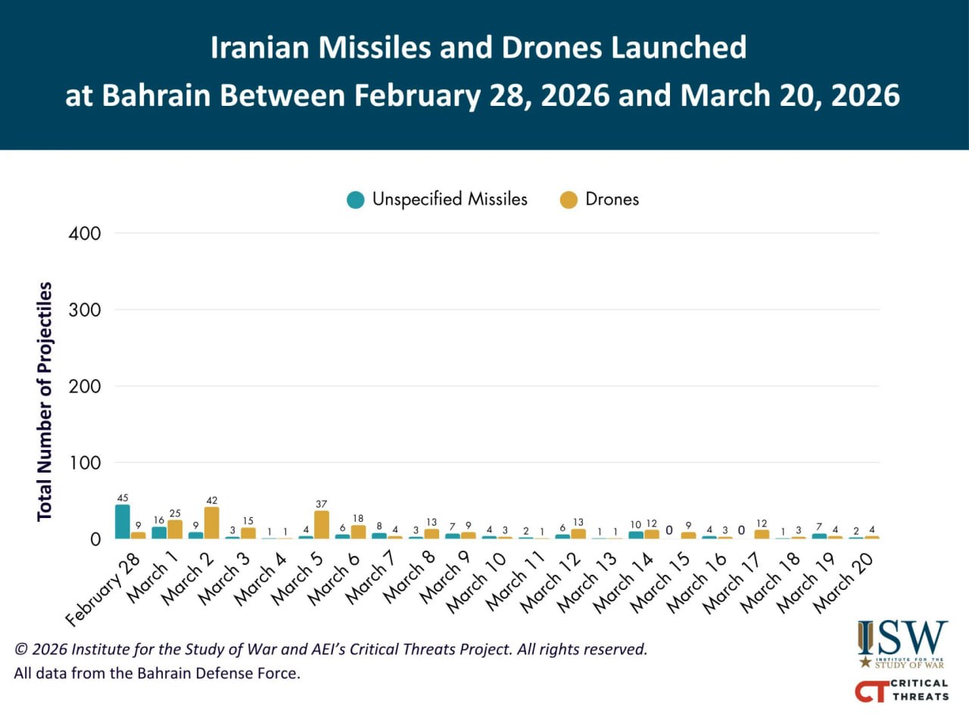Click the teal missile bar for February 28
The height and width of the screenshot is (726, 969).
point(122,521)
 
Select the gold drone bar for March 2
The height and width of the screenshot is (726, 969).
point(211,523)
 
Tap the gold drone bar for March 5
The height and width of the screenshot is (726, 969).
point(321,524)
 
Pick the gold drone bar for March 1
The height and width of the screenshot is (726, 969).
point(175,529)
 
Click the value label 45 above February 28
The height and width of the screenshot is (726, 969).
point(123,498)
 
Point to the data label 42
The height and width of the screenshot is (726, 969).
point(211,500)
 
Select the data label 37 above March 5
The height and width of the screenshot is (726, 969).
point(321,504)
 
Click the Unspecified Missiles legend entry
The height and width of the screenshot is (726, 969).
point(438,199)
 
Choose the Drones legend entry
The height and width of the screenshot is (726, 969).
point(600,199)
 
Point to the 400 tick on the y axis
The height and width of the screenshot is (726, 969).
point(85,233)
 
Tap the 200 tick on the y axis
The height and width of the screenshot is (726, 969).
point(85,386)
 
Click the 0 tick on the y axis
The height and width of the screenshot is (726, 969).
point(95,539)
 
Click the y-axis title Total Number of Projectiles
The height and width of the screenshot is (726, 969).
point(45,401)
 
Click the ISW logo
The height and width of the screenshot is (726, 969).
point(902,644)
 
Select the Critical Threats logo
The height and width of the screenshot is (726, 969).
point(902,690)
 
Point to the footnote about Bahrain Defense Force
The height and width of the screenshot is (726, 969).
point(157,673)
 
